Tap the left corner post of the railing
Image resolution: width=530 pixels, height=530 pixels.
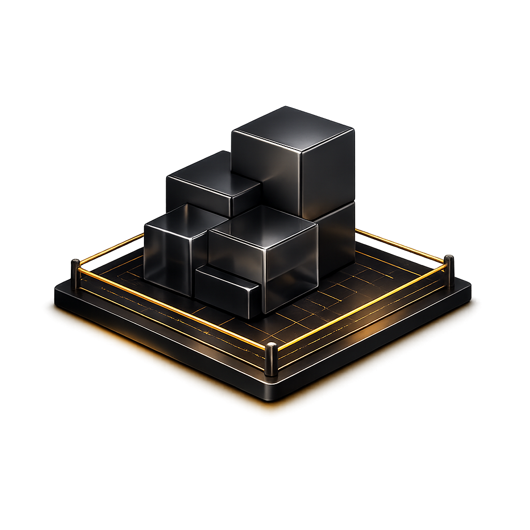76,274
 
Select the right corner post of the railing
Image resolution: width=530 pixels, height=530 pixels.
449,271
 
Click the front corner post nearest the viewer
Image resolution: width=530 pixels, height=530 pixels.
271,358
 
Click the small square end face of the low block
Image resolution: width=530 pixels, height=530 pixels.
254,301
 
